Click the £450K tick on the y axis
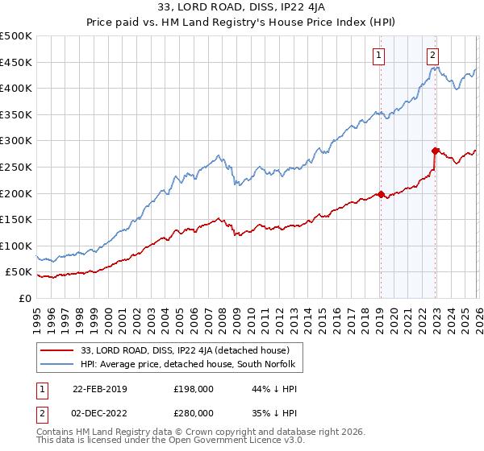(16, 62)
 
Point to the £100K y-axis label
(16, 246)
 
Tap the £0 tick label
(24, 298)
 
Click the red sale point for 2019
(381, 194)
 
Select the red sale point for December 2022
(435, 151)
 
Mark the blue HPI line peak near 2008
(219, 155)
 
